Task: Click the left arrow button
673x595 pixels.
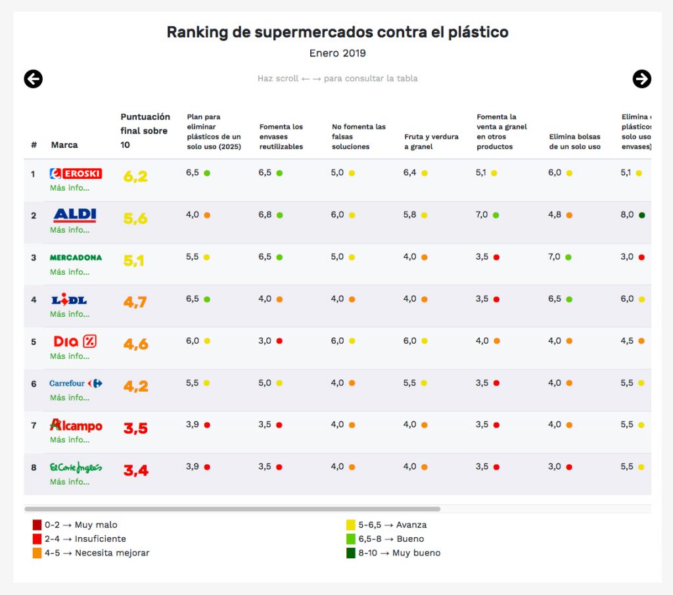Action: tap(33, 79)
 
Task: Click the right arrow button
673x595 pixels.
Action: tap(641, 79)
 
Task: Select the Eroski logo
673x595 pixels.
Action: tap(76, 174)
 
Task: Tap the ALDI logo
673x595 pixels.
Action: tap(75, 215)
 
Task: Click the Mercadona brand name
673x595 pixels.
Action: tap(76, 258)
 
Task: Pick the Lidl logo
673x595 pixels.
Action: tap(70, 300)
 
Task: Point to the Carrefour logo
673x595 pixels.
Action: tap(76, 383)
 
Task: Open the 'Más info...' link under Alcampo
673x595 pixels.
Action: tap(70, 440)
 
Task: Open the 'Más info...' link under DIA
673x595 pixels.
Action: tap(70, 356)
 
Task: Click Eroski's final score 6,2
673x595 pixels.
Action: tap(135, 176)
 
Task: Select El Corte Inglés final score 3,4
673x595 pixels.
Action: tap(135, 470)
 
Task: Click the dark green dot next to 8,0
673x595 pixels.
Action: tap(641, 215)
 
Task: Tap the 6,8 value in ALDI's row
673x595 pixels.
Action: tap(265, 215)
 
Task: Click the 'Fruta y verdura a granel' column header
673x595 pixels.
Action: tap(431, 141)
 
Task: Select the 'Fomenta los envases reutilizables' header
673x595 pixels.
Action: tap(281, 137)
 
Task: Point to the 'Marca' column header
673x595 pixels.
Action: tap(64, 145)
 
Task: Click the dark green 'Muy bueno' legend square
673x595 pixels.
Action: tap(351, 553)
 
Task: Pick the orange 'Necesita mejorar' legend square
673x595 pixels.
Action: tap(37, 553)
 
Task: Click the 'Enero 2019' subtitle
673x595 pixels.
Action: tap(337, 53)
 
